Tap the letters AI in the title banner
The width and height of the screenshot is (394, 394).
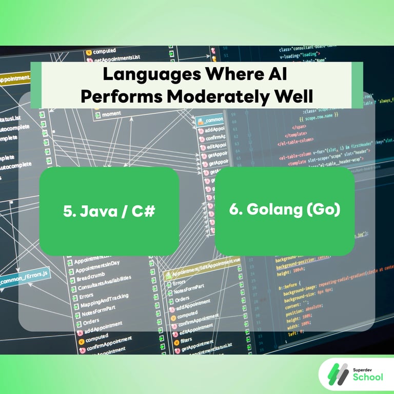(273, 74)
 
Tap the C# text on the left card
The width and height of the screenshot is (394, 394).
(144, 211)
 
